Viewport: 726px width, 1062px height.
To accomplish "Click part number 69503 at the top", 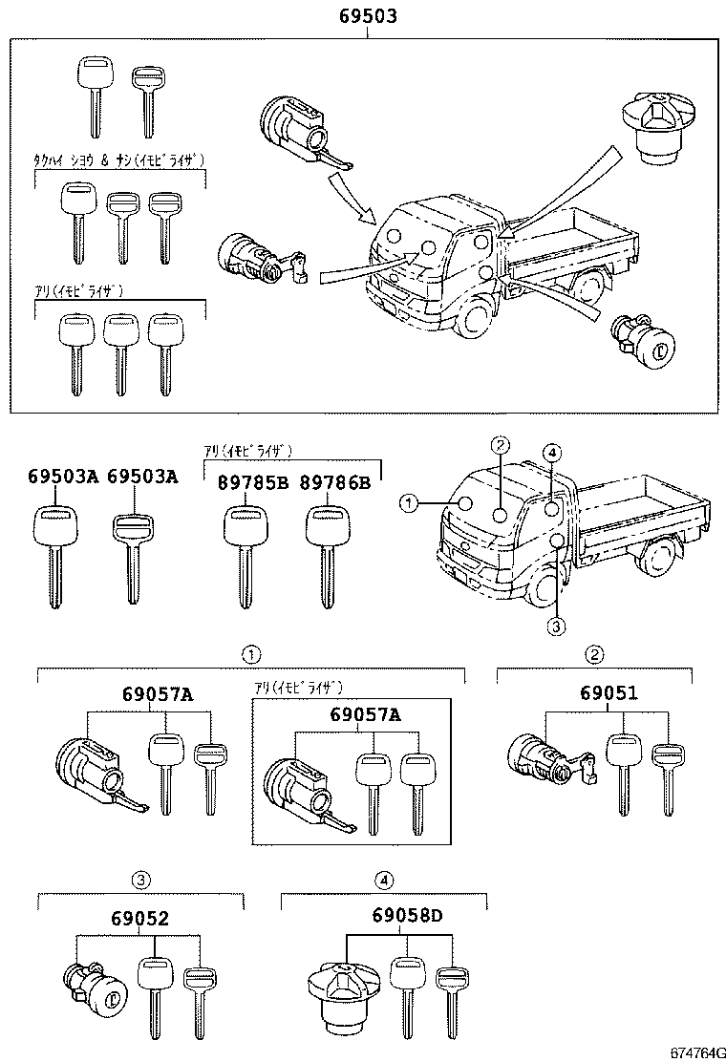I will point(368,16).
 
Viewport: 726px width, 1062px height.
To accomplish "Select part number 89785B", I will point(246,482).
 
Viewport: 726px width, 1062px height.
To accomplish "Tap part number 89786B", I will point(333,482).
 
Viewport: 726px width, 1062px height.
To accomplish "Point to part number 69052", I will point(139,919).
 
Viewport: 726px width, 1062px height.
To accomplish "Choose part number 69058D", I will point(408,919).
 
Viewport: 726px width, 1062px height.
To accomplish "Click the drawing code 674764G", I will point(693,1051).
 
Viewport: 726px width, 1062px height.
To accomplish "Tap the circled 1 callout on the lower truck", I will point(408,501).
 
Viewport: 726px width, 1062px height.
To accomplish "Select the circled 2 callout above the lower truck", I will point(501,443).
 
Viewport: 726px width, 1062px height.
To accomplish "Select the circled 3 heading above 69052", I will point(140,879).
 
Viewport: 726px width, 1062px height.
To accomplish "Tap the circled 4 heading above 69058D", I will point(383,879).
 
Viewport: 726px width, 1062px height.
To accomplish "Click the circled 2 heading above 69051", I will point(594,654).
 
